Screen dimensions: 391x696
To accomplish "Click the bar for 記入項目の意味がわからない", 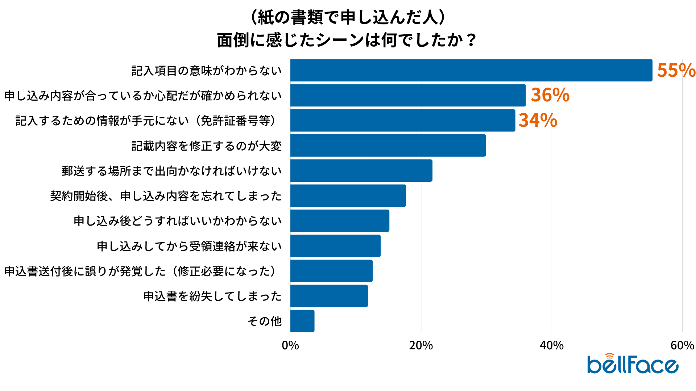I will pyautogui.click(x=471, y=70).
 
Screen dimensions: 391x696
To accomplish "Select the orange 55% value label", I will pyautogui.click(x=676, y=70).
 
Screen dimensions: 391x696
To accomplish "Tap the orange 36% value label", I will pyautogui.click(x=550, y=95).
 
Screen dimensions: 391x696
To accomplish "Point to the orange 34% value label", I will pyautogui.click(x=538, y=121).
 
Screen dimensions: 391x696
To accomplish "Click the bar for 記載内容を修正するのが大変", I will pyautogui.click(x=388, y=146).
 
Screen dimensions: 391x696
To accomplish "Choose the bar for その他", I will pyautogui.click(x=302, y=321).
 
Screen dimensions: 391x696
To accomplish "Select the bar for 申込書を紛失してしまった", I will pyautogui.click(x=329, y=296).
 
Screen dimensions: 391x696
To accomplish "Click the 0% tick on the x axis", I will pyautogui.click(x=290, y=345).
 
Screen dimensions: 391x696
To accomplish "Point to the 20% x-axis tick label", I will pyautogui.click(x=421, y=345).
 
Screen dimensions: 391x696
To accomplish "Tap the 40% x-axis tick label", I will pyautogui.click(x=552, y=345).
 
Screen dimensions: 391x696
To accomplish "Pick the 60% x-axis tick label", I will pyautogui.click(x=682, y=345).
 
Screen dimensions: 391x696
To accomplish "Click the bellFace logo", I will pyautogui.click(x=633, y=364).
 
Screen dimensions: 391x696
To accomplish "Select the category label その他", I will pyautogui.click(x=265, y=321).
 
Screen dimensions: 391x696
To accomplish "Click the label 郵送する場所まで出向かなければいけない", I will pyautogui.click(x=171, y=171).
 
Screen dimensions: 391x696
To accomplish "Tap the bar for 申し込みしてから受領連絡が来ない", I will pyautogui.click(x=335, y=246).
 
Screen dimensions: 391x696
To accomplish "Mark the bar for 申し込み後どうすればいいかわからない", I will pyautogui.click(x=340, y=221).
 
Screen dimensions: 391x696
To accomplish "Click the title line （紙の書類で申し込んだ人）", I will pyautogui.click(x=347, y=17).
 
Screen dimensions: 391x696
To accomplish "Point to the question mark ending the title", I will pyautogui.click(x=471, y=40).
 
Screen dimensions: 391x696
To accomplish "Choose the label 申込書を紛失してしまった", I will pyautogui.click(x=212, y=296).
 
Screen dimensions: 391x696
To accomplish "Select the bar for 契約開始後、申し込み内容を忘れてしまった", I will pyautogui.click(x=348, y=196).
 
